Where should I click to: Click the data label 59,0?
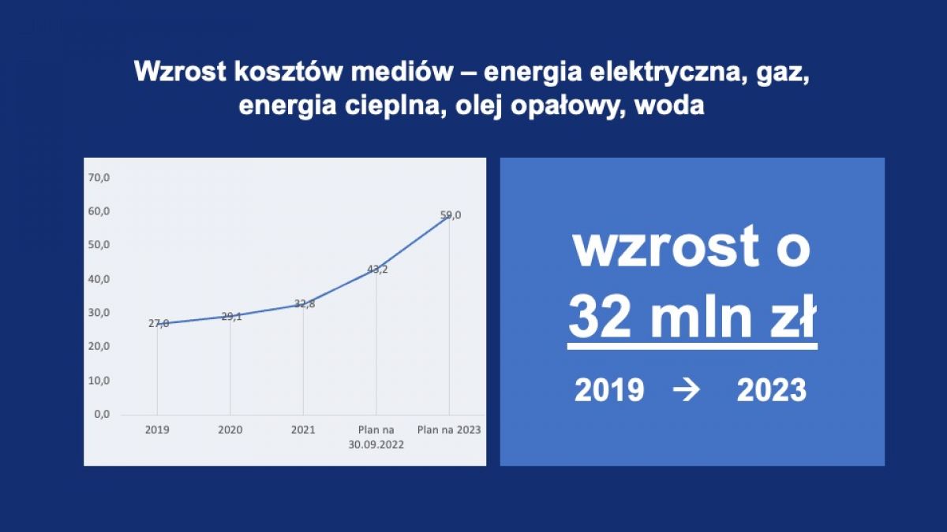(x=451, y=215)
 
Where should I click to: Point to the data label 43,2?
(x=377, y=270)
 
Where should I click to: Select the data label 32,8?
(x=305, y=303)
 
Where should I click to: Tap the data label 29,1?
(x=232, y=316)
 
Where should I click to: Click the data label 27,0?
(x=159, y=323)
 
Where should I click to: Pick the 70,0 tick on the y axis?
(x=99, y=178)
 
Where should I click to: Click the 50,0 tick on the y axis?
(x=99, y=245)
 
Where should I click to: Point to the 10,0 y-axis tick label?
(x=99, y=381)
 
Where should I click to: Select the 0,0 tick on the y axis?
(x=102, y=415)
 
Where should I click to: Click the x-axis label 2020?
(x=230, y=430)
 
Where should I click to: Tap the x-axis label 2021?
(x=303, y=430)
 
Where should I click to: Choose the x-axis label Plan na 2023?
(x=449, y=430)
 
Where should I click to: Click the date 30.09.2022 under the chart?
(x=376, y=445)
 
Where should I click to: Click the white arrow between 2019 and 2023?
(x=686, y=390)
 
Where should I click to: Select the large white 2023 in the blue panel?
(x=772, y=390)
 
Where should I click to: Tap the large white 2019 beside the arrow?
(x=609, y=390)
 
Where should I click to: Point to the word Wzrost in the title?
(x=180, y=72)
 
